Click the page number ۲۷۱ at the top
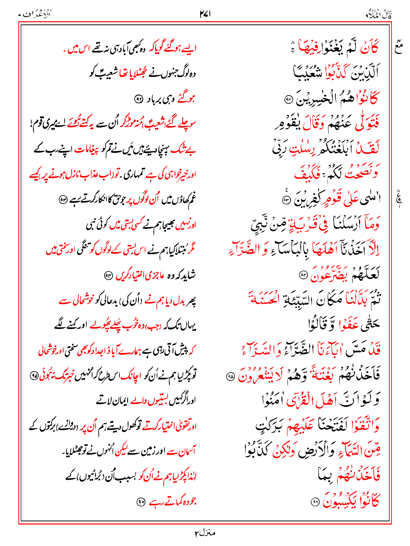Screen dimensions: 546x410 click(205, 14)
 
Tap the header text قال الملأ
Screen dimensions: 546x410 click(379, 15)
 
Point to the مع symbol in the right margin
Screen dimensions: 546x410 click(398, 49)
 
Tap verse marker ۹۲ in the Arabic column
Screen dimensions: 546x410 click(288, 100)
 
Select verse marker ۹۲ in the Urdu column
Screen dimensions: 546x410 click(139, 99)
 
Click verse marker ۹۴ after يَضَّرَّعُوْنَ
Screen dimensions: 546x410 click(303, 275)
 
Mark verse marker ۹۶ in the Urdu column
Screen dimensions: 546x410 click(141, 502)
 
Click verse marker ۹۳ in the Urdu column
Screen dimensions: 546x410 click(63, 200)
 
